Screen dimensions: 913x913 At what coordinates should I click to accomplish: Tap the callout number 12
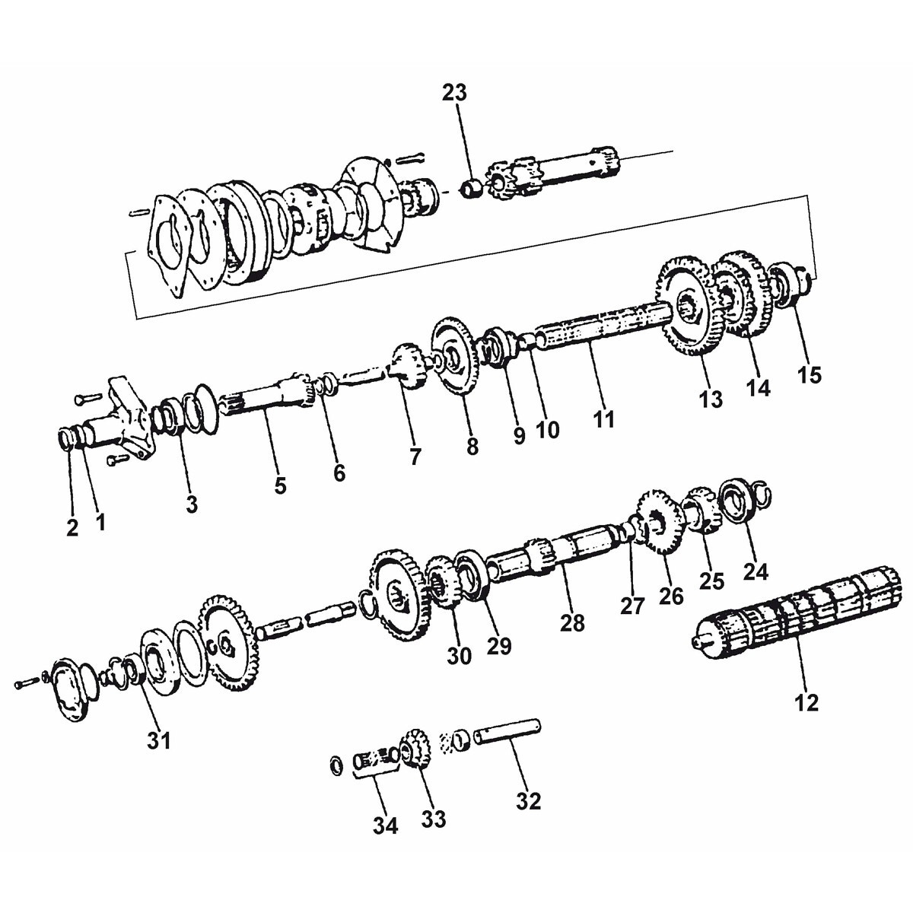(x=806, y=702)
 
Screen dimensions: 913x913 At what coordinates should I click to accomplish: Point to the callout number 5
(x=281, y=485)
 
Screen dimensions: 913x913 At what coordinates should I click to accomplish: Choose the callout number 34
(x=386, y=826)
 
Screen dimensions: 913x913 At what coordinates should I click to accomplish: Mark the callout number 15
(x=810, y=374)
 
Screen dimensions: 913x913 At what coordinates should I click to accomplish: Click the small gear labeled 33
(x=414, y=749)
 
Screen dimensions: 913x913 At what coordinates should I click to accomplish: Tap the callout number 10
(x=547, y=430)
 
